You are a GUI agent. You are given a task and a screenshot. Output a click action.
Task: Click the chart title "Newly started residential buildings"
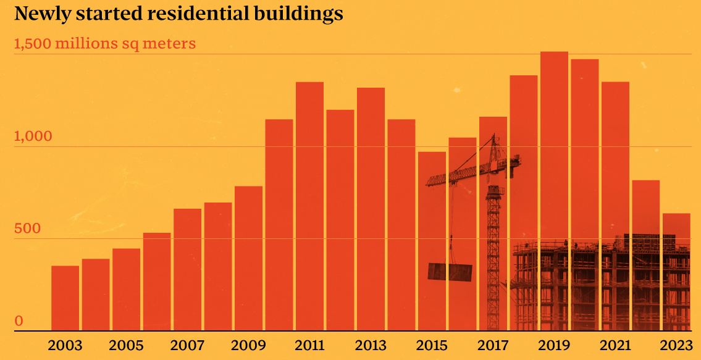(179, 14)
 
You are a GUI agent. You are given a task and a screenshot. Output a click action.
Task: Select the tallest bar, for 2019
(554, 191)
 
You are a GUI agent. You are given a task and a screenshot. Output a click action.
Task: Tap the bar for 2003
(65, 298)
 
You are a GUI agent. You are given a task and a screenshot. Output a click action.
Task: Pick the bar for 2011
(310, 207)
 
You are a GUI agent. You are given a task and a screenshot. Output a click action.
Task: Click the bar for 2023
(676, 272)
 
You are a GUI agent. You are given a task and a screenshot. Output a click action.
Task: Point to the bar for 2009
(248, 259)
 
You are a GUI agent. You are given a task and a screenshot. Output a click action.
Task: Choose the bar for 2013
(371, 209)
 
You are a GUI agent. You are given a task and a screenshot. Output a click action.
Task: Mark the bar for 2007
(187, 270)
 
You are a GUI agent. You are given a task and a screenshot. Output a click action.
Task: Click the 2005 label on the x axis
(126, 346)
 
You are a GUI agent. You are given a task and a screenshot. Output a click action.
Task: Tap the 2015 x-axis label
(432, 346)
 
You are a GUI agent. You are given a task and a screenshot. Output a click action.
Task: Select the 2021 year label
(615, 346)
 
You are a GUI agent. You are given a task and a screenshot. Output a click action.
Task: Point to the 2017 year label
(493, 346)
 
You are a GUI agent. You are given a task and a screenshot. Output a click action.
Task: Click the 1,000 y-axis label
(33, 136)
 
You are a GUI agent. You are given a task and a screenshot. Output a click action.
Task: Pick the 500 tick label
(28, 228)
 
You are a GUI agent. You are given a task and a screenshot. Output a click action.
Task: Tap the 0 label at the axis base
(19, 320)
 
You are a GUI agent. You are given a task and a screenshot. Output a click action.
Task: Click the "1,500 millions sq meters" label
(105, 44)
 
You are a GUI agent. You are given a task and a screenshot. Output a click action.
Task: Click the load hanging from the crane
(450, 272)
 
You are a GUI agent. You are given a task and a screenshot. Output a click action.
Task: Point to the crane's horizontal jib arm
(473, 171)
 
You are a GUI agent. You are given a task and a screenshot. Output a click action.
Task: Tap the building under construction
(600, 283)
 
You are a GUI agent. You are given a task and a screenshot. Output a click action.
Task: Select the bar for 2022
(645, 256)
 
